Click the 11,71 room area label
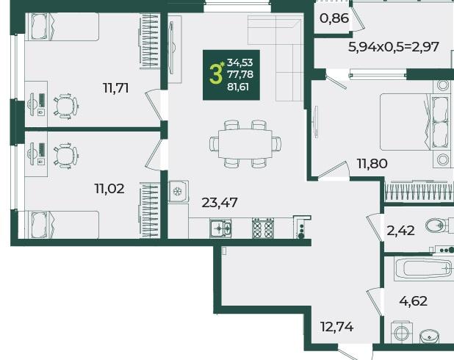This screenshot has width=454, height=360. click(x=116, y=88)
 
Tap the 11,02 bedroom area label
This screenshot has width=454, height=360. click(x=109, y=189)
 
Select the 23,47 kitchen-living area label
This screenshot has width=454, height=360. click(x=220, y=203)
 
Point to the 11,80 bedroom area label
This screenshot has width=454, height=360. click(x=372, y=164)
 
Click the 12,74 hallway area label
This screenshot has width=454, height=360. click(x=337, y=327)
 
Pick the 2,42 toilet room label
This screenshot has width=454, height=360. click(x=400, y=231)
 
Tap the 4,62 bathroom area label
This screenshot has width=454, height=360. click(x=413, y=301)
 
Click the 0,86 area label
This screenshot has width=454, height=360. click(x=334, y=18)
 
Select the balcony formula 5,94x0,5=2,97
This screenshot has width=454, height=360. click(x=394, y=47)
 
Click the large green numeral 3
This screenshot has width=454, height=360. click(x=215, y=74)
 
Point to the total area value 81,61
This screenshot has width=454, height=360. click(x=238, y=87)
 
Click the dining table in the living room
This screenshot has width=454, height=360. click(x=245, y=144)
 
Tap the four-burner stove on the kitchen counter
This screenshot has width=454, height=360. click(x=263, y=228)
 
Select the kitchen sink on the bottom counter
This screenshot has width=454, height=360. click(x=220, y=228)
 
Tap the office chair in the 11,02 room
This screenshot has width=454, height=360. click(x=66, y=156)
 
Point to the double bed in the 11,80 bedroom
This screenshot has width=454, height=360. click(x=416, y=122)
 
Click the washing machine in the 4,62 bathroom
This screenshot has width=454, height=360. click(x=402, y=333)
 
